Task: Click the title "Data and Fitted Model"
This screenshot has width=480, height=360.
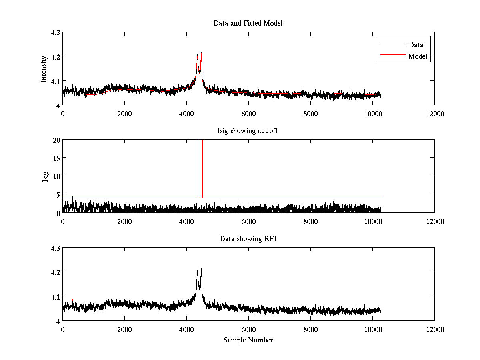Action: pos(248,23)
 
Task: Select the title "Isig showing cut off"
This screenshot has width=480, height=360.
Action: pos(248,131)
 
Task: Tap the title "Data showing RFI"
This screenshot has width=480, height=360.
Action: pos(248,239)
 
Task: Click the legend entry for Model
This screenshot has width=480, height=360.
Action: pos(418,56)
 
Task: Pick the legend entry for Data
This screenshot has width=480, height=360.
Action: pos(416,45)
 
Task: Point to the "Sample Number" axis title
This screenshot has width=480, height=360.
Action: pos(248,340)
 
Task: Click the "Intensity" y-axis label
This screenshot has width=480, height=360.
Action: pos(44,68)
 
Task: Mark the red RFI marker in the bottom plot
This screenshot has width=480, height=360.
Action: pos(72,300)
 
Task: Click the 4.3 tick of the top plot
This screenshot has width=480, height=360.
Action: pos(55,32)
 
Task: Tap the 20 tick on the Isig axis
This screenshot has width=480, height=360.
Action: pos(56,140)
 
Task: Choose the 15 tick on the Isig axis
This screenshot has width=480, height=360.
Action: pos(56,158)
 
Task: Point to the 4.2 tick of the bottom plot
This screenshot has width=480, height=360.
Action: pos(55,272)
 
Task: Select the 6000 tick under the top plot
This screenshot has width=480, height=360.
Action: pos(248,114)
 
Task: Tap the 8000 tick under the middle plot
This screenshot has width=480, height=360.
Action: pos(310,221)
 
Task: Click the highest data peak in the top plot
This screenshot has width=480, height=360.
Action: pos(201,52)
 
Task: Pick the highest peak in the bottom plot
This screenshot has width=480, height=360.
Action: pos(201,268)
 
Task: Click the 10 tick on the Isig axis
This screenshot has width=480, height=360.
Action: pos(56,176)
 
